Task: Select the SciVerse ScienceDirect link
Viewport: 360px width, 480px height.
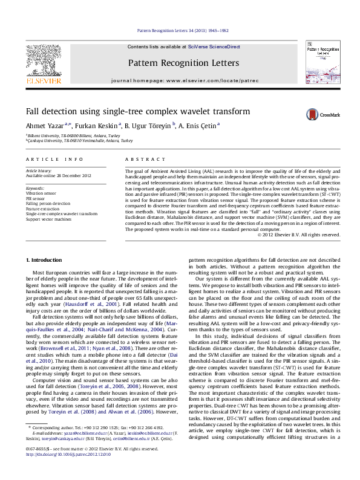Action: (214, 47)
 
